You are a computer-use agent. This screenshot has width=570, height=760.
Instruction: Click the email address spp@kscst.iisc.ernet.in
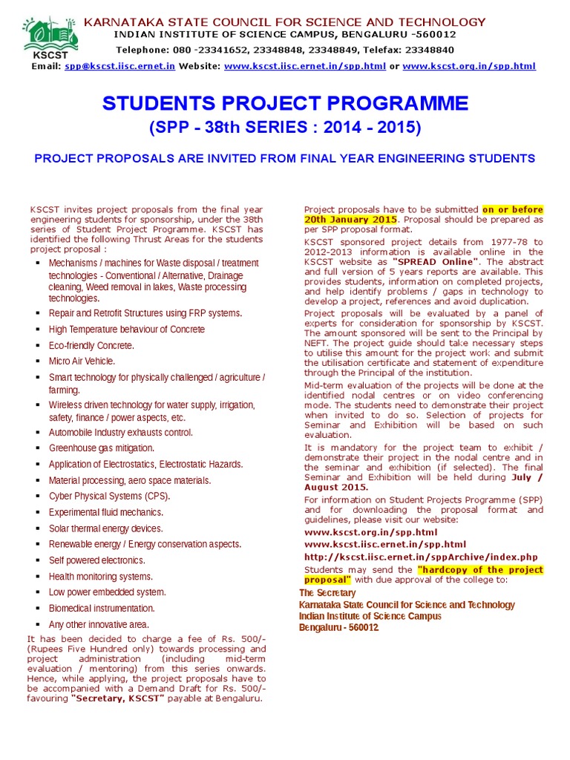(119, 66)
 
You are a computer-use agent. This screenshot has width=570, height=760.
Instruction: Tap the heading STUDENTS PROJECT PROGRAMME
(285, 103)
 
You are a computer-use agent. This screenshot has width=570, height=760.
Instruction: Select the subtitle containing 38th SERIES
(285, 128)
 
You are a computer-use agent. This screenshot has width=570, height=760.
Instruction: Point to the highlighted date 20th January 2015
(350, 220)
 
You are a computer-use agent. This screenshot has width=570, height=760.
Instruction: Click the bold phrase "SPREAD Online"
(436, 262)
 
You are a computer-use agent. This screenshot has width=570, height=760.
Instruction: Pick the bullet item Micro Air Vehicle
(82, 361)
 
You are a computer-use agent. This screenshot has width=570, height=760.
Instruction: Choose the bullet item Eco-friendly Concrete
(91, 346)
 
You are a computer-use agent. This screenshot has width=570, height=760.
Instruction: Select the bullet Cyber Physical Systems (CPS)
(109, 497)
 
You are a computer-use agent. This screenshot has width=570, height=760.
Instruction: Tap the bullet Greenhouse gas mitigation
(102, 448)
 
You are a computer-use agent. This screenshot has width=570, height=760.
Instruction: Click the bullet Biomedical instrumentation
(102, 609)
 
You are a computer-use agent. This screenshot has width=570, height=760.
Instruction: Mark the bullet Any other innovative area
(99, 625)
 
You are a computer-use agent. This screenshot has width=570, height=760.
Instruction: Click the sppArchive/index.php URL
(421, 557)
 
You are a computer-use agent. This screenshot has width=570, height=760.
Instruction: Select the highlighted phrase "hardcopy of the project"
(480, 569)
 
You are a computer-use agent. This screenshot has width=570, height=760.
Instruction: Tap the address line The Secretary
(327, 593)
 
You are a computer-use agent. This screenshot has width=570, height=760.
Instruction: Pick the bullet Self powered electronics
(97, 560)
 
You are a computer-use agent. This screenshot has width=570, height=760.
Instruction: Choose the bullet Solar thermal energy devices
(105, 528)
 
